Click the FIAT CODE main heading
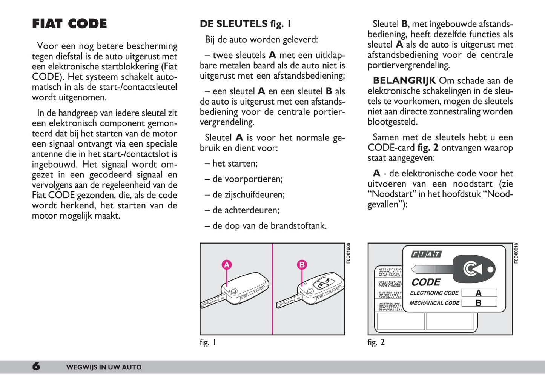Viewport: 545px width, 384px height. tap(69, 24)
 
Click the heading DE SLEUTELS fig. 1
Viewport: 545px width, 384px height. tap(245, 24)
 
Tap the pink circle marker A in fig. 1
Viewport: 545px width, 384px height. tap(226, 265)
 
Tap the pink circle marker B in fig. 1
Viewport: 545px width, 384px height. tap(302, 265)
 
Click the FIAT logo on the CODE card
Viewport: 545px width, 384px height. tap(426, 254)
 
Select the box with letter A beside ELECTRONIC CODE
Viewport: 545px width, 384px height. tap(479, 293)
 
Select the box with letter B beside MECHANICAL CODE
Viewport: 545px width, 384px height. tap(479, 303)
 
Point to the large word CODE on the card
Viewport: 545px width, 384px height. tap(426, 282)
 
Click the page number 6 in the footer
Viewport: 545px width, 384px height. tap(36, 366)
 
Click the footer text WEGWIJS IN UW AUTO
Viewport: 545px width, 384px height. tap(104, 367)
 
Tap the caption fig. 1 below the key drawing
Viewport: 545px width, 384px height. tap(208, 342)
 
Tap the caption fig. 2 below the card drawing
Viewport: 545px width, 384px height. tap(376, 342)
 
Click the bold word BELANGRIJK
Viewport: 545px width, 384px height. tap(404, 80)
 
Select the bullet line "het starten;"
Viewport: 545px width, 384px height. tap(231, 163)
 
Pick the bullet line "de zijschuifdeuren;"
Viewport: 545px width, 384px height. tap(245, 194)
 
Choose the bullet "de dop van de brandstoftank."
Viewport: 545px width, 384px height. tap(266, 226)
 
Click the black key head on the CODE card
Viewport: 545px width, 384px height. tap(474, 269)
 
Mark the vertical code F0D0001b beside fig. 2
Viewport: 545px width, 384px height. tap(516, 253)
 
